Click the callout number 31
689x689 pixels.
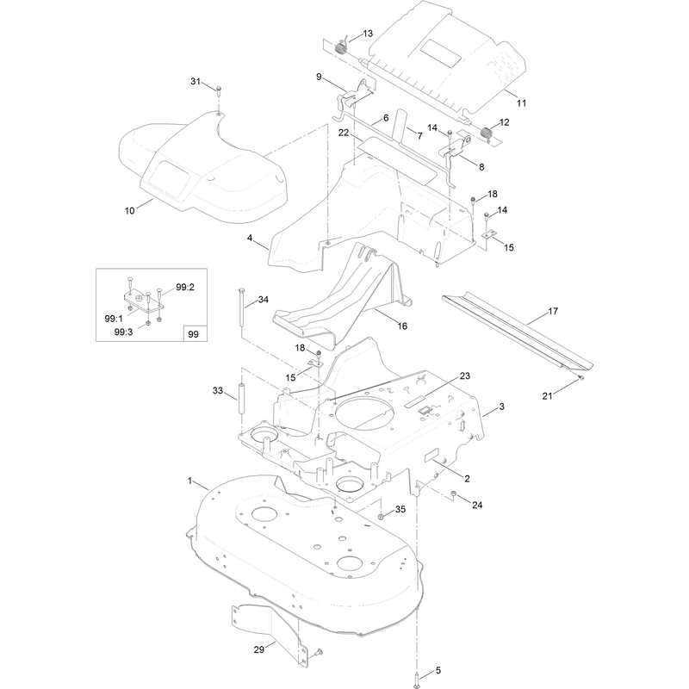point(196,81)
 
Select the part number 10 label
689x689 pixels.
point(130,210)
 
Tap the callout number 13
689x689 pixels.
point(368,34)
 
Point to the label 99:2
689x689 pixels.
point(185,287)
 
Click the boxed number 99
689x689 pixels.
point(193,334)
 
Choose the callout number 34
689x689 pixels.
point(264,300)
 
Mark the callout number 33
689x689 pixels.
point(218,391)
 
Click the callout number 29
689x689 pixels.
point(259,649)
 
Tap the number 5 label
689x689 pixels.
point(438,671)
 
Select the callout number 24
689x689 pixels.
point(477,506)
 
